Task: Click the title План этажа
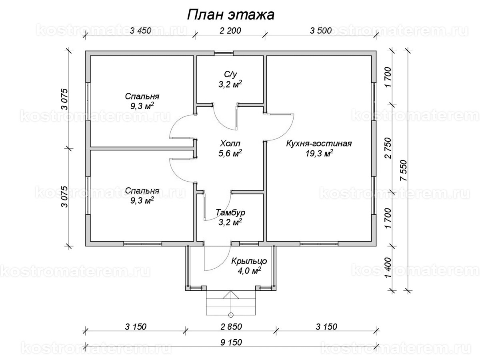pyautogui.click(x=231, y=15)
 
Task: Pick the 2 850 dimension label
pyautogui.click(x=231, y=327)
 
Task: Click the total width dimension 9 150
pyautogui.click(x=231, y=342)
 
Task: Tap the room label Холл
pyautogui.click(x=230, y=144)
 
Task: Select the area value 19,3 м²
pyautogui.click(x=319, y=154)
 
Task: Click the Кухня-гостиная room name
pyautogui.click(x=319, y=144)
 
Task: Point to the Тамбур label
pyautogui.click(x=230, y=212)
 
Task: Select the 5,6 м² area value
pyautogui.click(x=230, y=154)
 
